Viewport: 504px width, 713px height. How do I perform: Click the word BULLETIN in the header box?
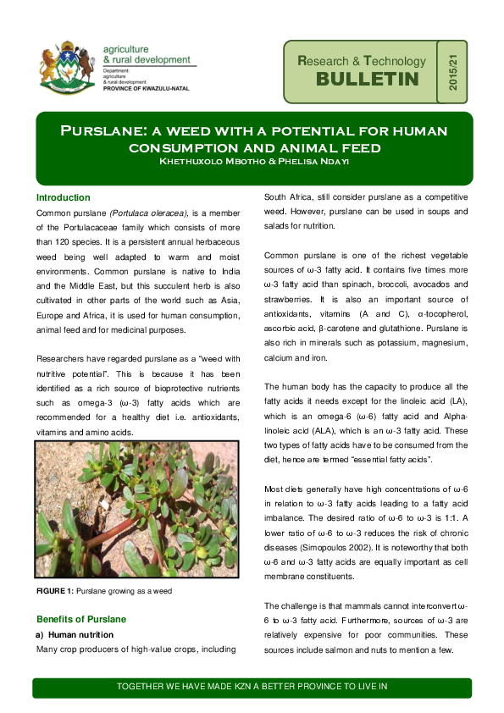(x=368, y=79)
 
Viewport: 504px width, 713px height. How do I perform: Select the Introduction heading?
(x=63, y=197)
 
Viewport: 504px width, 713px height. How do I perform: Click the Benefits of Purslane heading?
(x=80, y=619)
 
